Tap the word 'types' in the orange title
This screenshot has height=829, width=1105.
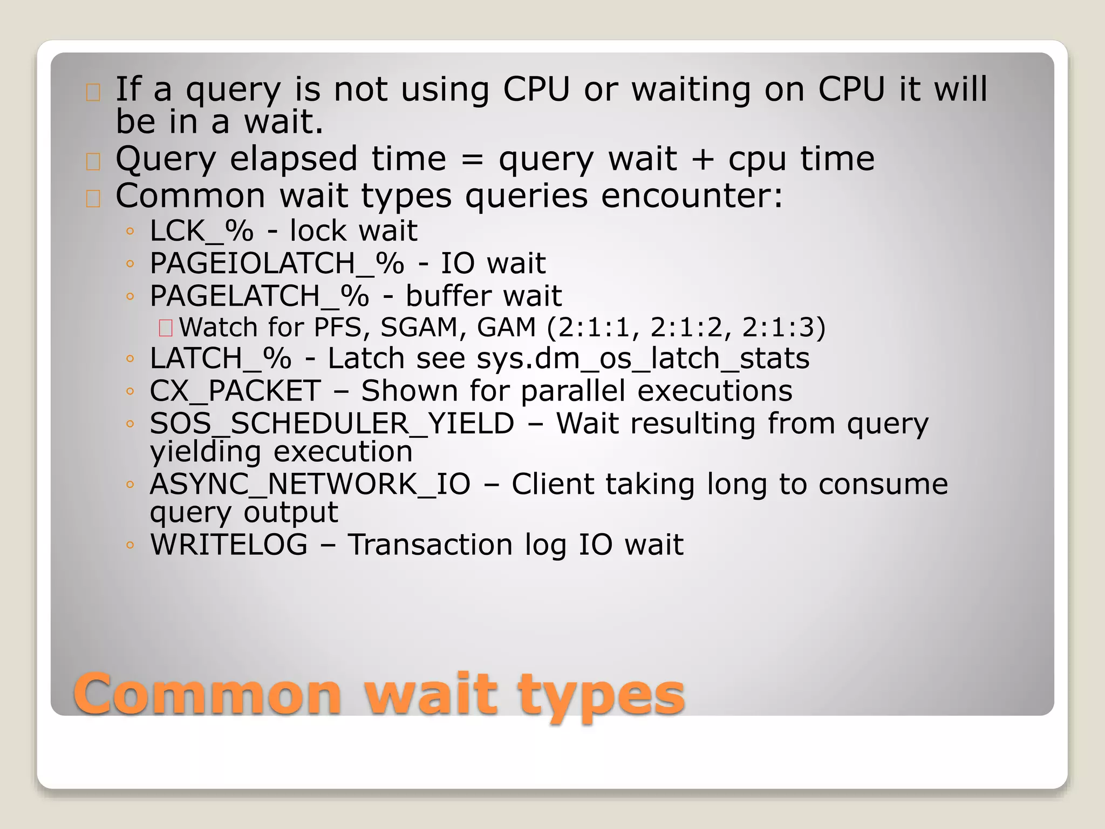point(601,696)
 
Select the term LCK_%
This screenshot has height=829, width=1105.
point(201,231)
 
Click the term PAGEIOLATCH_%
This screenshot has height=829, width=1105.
point(276,263)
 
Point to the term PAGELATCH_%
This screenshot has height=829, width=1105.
point(259,296)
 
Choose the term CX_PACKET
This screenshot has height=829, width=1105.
point(235,391)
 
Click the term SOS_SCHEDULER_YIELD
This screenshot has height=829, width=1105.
point(332,423)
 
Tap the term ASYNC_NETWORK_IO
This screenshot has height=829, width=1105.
point(310,484)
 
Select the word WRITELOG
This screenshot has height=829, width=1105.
point(229,544)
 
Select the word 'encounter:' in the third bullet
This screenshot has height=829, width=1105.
point(692,195)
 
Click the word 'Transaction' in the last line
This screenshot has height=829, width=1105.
point(429,544)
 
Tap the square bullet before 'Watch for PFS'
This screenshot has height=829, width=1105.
point(165,328)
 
